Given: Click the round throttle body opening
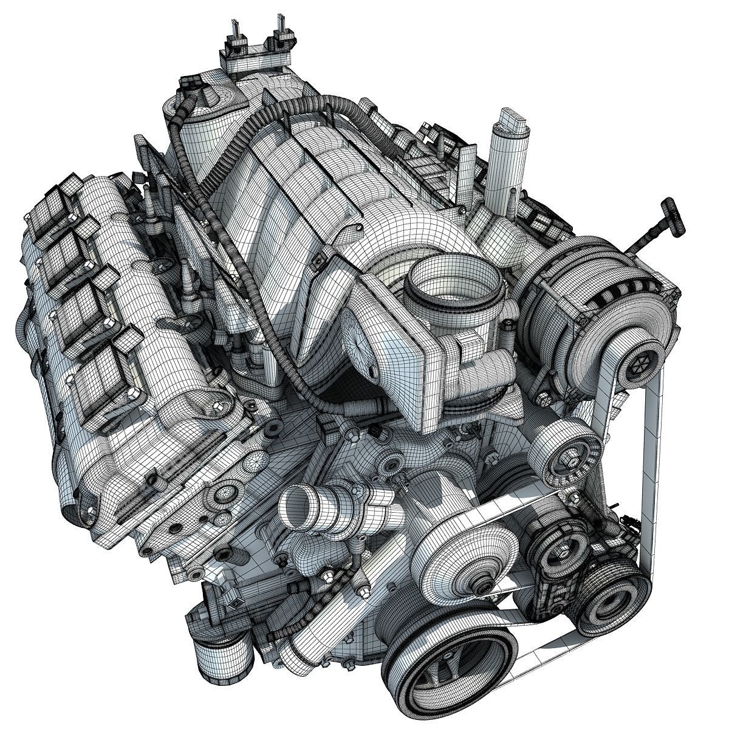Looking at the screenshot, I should coord(456,279).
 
